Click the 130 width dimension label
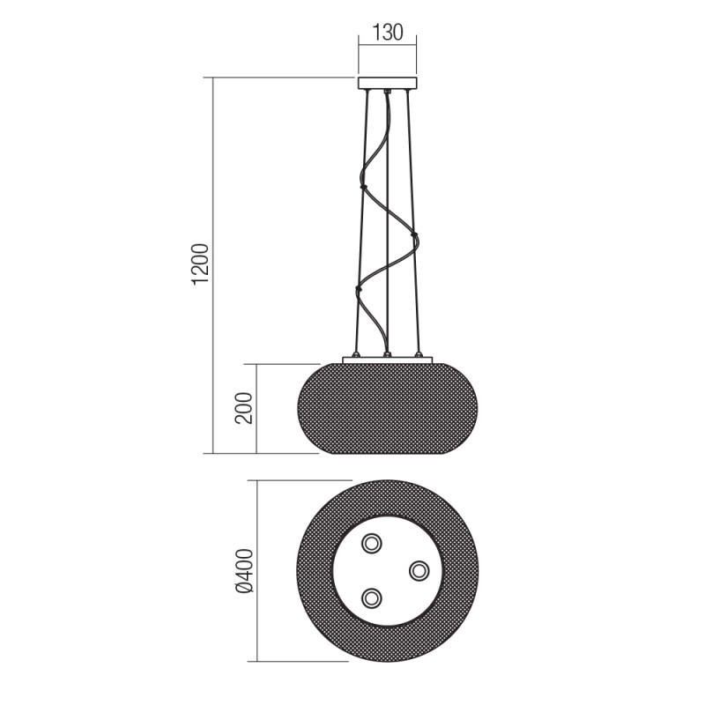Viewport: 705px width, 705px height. (387, 33)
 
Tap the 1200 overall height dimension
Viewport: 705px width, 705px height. (201, 264)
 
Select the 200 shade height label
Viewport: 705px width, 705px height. (245, 408)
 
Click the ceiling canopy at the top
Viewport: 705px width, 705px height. (387, 84)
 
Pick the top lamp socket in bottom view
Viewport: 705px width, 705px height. (373, 542)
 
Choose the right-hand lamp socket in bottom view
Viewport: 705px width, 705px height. (419, 570)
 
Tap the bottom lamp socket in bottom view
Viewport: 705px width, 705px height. (373, 598)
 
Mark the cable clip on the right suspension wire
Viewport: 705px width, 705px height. (413, 236)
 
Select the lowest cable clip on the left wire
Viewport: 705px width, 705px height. (358, 287)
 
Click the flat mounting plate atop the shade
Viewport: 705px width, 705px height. (387, 360)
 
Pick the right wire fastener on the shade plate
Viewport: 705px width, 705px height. (419, 354)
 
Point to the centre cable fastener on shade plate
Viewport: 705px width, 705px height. (387, 354)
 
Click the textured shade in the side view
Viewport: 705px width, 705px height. (387, 410)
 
